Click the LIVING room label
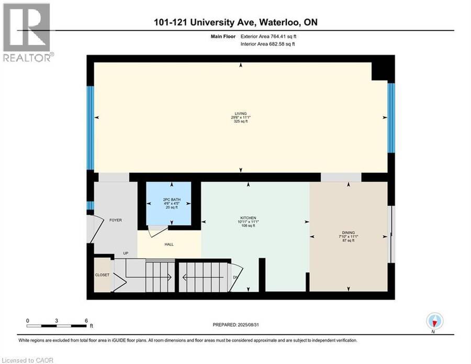pyautogui.click(x=241, y=114)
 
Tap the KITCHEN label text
pyautogui.click(x=248, y=218)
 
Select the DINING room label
pyautogui.click(x=349, y=233)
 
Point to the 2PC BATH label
pyautogui.click(x=172, y=200)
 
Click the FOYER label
pyautogui.click(x=116, y=220)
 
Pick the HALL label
pyautogui.click(x=169, y=245)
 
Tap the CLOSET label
pyautogui.click(x=102, y=275)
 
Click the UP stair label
pyautogui.click(x=126, y=253)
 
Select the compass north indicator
pyautogui.click(x=434, y=322)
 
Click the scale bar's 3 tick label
pyautogui.click(x=57, y=321)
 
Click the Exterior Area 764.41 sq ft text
pyautogui.click(x=268, y=37)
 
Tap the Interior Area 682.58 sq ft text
pyautogui.click(x=267, y=44)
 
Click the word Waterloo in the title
pyautogui.click(x=279, y=22)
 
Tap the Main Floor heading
pyautogui.click(x=223, y=37)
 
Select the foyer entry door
pyautogui.click(x=91, y=229)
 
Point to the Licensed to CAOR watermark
pyautogui.click(x=28, y=360)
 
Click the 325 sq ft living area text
pyautogui.click(x=241, y=122)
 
